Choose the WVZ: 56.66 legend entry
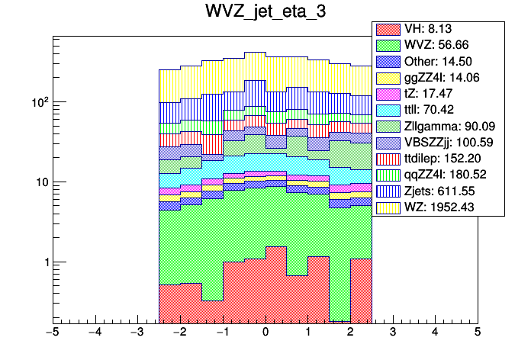coord(438,45)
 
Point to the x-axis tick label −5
coord(53,333)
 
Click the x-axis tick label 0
coord(265,333)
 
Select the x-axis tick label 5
coord(477,333)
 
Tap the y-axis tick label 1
coord(43,262)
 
